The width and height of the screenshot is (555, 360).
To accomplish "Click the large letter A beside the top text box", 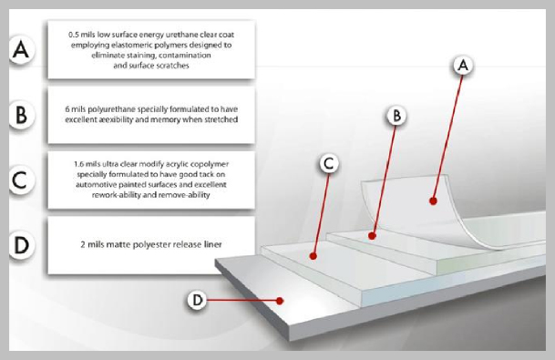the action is (x=21, y=49).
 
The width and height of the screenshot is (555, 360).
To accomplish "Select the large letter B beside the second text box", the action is (x=21, y=114).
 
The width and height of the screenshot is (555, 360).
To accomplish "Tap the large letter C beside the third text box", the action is (x=20, y=180).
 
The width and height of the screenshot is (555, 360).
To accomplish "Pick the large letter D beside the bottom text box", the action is (x=21, y=244).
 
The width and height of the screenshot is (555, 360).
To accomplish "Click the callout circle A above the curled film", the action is (x=463, y=66).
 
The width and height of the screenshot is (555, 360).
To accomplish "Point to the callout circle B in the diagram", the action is (x=396, y=116).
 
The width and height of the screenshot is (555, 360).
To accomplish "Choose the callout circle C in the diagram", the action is (x=329, y=163).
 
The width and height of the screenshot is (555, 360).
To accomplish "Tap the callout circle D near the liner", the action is (x=197, y=300).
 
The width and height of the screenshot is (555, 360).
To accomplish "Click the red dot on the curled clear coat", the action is (x=433, y=201).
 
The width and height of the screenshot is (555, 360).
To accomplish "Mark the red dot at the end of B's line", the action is (x=372, y=235).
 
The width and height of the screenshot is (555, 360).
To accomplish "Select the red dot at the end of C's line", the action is (x=313, y=255).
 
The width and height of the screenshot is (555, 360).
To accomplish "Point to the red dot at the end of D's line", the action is (x=280, y=301).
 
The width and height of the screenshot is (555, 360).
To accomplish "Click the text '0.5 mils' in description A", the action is (x=82, y=35).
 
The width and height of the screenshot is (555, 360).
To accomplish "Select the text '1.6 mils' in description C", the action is (x=87, y=164).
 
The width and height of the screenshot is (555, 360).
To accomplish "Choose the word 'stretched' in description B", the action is (x=221, y=119).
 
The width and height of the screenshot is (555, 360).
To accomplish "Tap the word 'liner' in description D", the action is (x=213, y=244).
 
